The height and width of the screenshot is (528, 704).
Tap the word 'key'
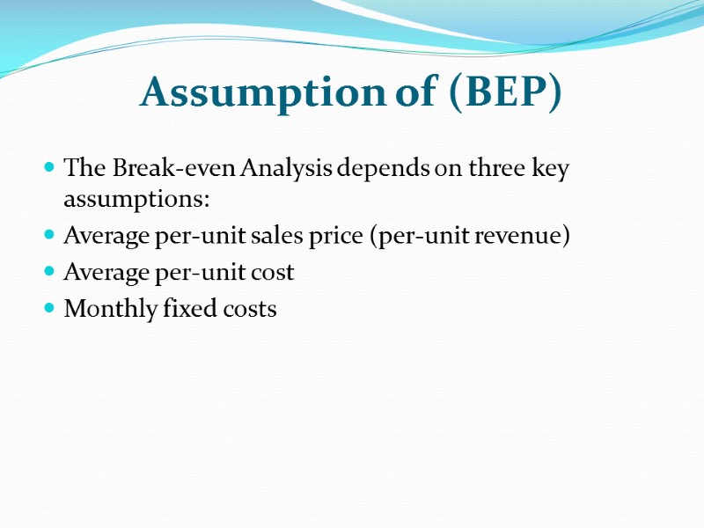550,168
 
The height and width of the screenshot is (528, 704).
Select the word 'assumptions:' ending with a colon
136,200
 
